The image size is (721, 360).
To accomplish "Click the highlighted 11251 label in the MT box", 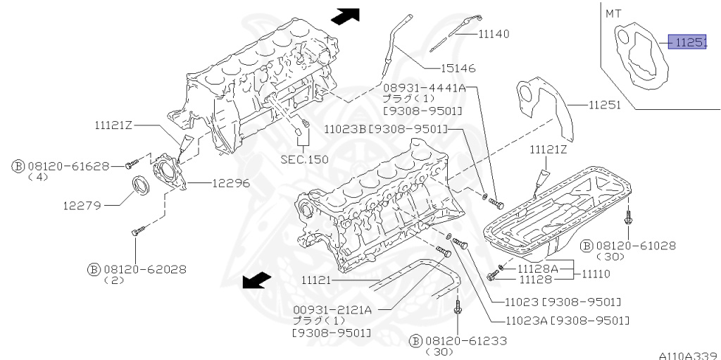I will tap(686, 43).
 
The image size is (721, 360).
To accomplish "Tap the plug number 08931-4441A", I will tap(424, 88).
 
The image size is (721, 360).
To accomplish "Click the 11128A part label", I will tap(538, 268).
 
